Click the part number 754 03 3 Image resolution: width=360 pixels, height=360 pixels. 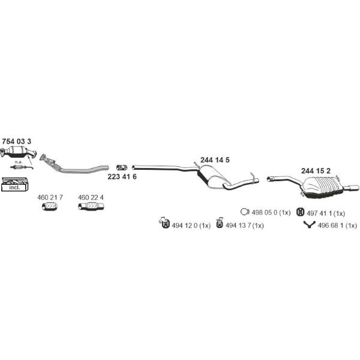point(17,141)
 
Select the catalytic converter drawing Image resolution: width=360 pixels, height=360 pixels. point(19,152)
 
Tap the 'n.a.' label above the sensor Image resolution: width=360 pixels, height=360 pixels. point(17,162)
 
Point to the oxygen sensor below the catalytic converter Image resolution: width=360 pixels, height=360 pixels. point(22,167)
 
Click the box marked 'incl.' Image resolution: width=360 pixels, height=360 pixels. point(14,184)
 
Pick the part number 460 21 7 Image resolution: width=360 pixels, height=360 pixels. point(50,197)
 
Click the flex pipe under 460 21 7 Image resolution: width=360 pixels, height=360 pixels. point(50,206)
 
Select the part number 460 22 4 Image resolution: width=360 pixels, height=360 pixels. point(91,197)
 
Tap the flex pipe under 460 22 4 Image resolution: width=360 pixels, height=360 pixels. point(91,206)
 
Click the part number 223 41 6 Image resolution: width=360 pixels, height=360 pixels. point(122,176)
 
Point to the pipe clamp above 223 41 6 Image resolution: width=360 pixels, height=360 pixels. point(122,167)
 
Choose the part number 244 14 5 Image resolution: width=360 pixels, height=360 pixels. point(215,160)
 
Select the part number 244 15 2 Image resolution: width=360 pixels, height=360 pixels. point(316,171)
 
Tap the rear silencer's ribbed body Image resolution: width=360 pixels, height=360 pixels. point(323,187)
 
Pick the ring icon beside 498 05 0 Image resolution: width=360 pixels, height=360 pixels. point(245,212)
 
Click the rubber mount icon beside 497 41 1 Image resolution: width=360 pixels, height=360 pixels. point(301,212)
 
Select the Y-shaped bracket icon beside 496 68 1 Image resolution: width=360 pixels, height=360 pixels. point(309,224)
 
